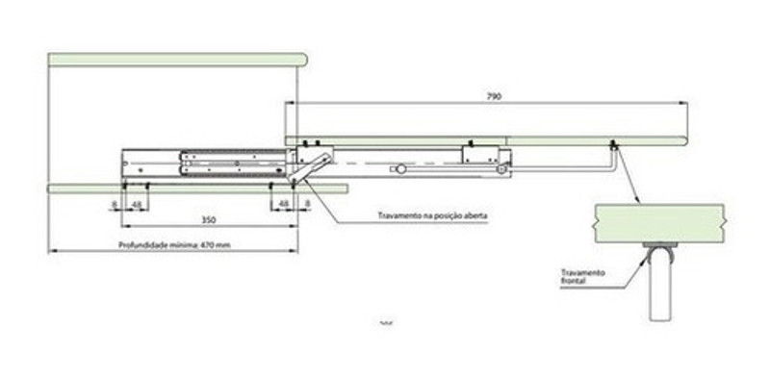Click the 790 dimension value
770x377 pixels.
[494, 96]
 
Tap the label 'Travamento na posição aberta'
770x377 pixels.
[434, 215]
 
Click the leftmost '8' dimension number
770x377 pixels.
[114, 204]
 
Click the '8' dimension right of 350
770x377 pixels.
[306, 204]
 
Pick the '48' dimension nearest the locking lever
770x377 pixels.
[284, 204]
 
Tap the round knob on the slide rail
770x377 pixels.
[398, 169]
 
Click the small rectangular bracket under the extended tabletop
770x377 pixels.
[478, 153]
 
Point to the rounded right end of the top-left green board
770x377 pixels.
[302, 60]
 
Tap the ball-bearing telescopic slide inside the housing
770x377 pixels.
[231, 159]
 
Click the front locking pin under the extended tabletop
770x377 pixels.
[612, 146]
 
